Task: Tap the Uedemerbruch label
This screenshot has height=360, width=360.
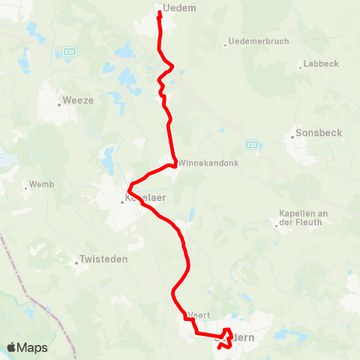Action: [x=259, y=41]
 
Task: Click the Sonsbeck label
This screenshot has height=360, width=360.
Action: [x=319, y=133]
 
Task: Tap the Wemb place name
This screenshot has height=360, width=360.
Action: [x=40, y=184]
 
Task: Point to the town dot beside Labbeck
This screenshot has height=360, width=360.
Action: [x=301, y=65]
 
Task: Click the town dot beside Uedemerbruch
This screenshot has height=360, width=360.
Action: [x=225, y=45]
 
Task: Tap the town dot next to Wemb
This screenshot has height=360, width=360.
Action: [x=26, y=187]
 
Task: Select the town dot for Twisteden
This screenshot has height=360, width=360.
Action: [x=76, y=262]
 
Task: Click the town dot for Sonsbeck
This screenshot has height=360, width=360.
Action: [x=292, y=137]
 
